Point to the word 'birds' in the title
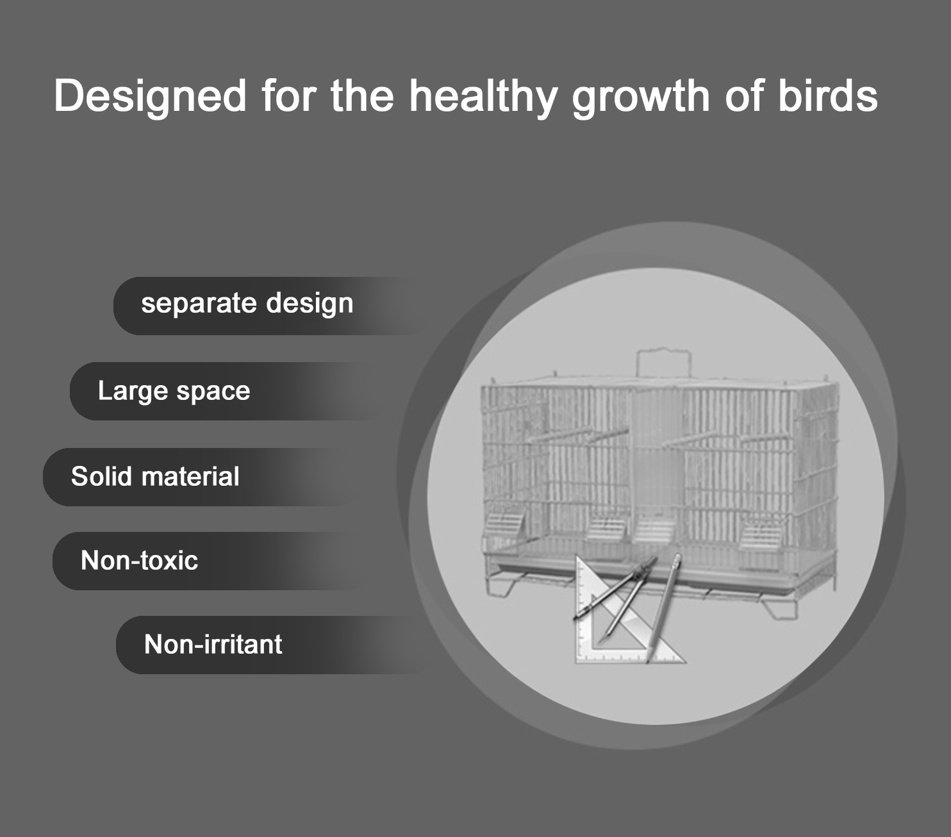pos(828,95)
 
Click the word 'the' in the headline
pos(362,95)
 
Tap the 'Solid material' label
pos(155,476)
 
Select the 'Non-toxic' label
pos(140,560)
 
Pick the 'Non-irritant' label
pos(213,643)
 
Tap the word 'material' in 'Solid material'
pos(190,476)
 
